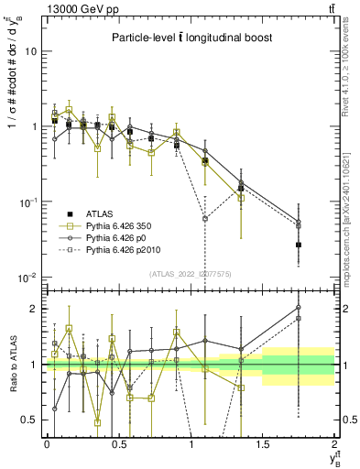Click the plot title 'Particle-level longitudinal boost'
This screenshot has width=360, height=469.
[x=188, y=38]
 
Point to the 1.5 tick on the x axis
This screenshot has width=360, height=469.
[x=263, y=443]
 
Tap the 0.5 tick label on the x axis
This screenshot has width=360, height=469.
[x=119, y=443]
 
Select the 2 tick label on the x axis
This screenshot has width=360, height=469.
[x=334, y=443]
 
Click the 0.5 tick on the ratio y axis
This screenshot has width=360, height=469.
[x=30, y=420]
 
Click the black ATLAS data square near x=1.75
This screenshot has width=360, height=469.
[x=299, y=245]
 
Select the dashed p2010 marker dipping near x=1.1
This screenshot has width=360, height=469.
[x=205, y=219]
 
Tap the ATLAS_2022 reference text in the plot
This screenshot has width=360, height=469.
[x=191, y=274]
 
